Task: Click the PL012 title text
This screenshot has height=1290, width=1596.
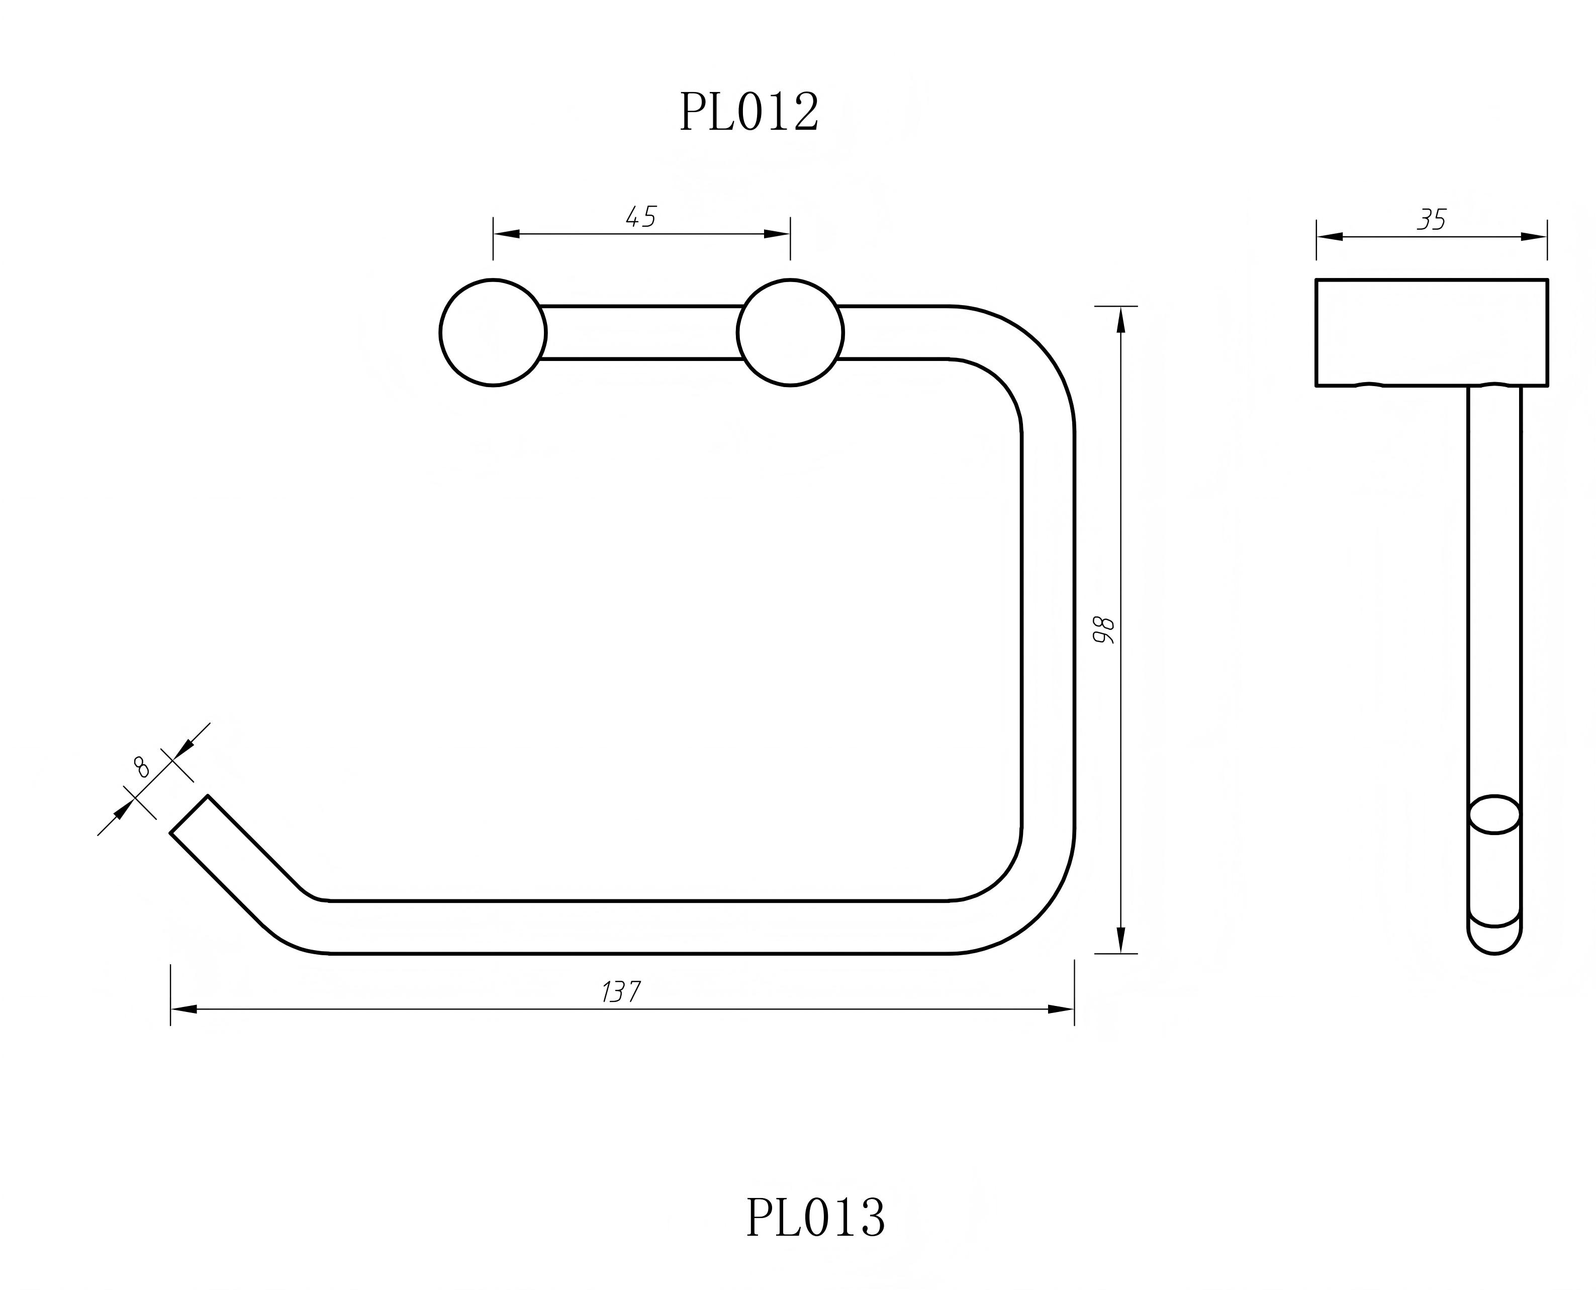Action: (x=749, y=113)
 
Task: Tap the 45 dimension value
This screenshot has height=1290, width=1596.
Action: (x=640, y=217)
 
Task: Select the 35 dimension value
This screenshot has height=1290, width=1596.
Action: (x=1432, y=220)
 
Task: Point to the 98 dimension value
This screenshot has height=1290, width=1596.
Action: (x=1104, y=629)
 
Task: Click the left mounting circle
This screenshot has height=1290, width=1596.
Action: (x=493, y=332)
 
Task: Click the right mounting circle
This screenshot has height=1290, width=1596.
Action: (x=790, y=332)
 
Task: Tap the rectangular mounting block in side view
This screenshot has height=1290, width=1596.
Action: (x=1431, y=332)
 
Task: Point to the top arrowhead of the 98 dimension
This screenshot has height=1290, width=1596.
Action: (x=1121, y=320)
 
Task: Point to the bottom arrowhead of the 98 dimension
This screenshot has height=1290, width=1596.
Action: (x=1121, y=940)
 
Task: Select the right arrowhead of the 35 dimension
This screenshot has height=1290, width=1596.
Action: (x=1534, y=237)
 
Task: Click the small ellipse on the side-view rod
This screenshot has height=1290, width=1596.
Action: (x=1494, y=814)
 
